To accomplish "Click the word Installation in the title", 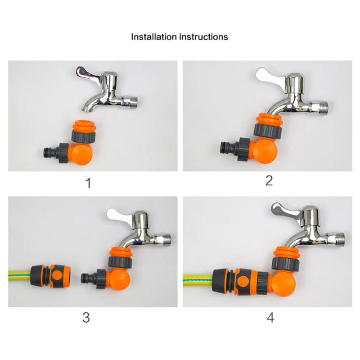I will [153, 36].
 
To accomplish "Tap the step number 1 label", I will [88, 183].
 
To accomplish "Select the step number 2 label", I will [269, 181].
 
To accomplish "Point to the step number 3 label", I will [86, 318].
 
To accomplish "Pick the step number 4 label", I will [270, 318].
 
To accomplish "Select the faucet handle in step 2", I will [269, 75].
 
